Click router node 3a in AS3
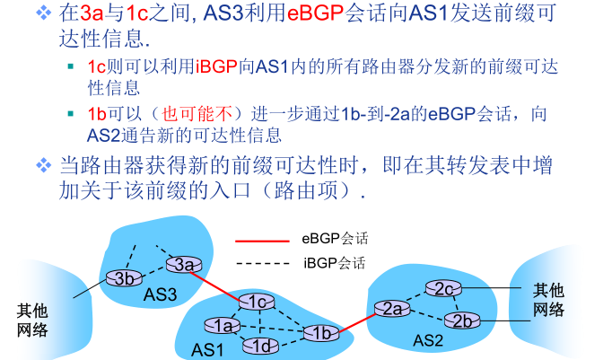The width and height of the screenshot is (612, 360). click(184, 264)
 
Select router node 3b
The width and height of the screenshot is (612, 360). click(125, 277)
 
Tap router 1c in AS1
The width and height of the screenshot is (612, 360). click(257, 302)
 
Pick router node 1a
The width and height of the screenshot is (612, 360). click(222, 325)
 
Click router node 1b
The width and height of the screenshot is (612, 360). click(319, 333)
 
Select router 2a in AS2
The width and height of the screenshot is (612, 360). click(391, 309)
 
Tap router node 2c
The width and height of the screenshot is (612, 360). click(444, 289)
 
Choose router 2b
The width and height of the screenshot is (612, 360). click(462, 320)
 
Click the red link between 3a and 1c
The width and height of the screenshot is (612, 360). click(220, 283)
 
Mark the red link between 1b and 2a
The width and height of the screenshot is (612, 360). click(355, 320)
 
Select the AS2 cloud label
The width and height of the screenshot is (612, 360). click(428, 341)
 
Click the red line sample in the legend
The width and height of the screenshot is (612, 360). click(262, 241)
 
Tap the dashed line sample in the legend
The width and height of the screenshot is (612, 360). click(262, 264)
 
